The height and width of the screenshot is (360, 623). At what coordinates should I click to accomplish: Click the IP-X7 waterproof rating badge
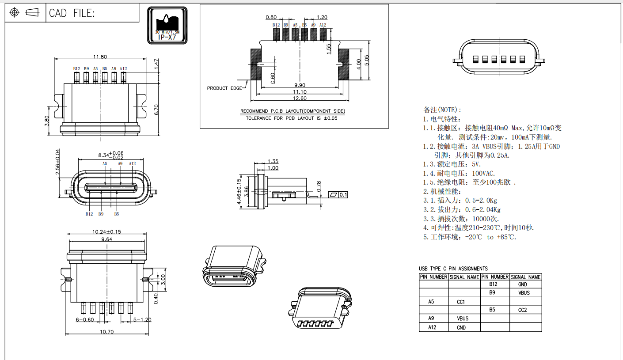coord(167,25)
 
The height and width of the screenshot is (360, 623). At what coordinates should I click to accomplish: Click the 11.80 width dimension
coord(100,57)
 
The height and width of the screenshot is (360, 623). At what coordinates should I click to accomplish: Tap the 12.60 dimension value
coord(300,98)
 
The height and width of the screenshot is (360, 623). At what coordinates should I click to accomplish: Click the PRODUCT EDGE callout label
coord(224,88)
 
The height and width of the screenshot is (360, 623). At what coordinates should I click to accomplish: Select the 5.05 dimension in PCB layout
coord(366,61)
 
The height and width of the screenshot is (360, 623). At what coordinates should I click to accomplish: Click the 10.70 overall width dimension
coord(107,332)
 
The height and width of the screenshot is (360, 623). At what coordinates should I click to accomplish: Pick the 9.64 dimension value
coord(106,239)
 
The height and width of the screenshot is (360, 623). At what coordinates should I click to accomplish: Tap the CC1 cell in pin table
coord(461,302)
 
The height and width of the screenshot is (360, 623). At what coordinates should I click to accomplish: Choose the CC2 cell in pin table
coord(522,310)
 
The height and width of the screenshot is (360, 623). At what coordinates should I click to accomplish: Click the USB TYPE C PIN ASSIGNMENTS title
coord(453,269)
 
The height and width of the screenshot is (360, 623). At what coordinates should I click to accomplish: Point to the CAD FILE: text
coord(72,13)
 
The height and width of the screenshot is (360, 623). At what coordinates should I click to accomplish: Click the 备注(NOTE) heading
coord(442,110)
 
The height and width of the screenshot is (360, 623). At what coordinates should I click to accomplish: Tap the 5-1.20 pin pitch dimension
coord(142,319)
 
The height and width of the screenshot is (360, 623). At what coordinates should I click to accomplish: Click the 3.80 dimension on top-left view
coord(47,121)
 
